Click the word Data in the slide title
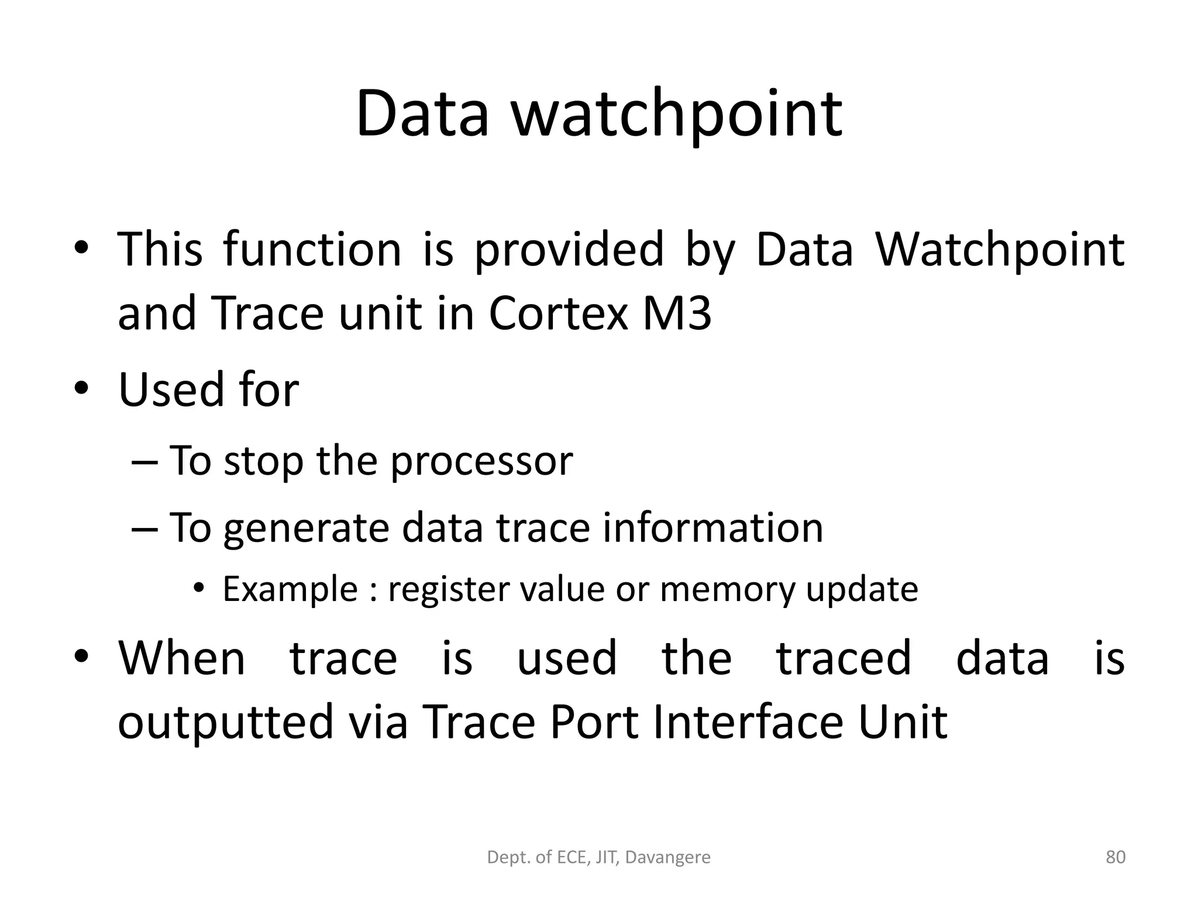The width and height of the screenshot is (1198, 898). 422,113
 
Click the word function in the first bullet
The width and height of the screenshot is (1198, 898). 312,250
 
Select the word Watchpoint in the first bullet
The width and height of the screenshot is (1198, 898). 999,250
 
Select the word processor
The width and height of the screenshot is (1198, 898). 481,461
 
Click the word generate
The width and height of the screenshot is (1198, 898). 306,527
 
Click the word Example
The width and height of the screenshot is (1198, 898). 290,589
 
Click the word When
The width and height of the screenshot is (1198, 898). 182,658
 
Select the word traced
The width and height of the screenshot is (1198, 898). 844,658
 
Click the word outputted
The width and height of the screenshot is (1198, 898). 225,723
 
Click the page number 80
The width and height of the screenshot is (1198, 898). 1116,857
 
